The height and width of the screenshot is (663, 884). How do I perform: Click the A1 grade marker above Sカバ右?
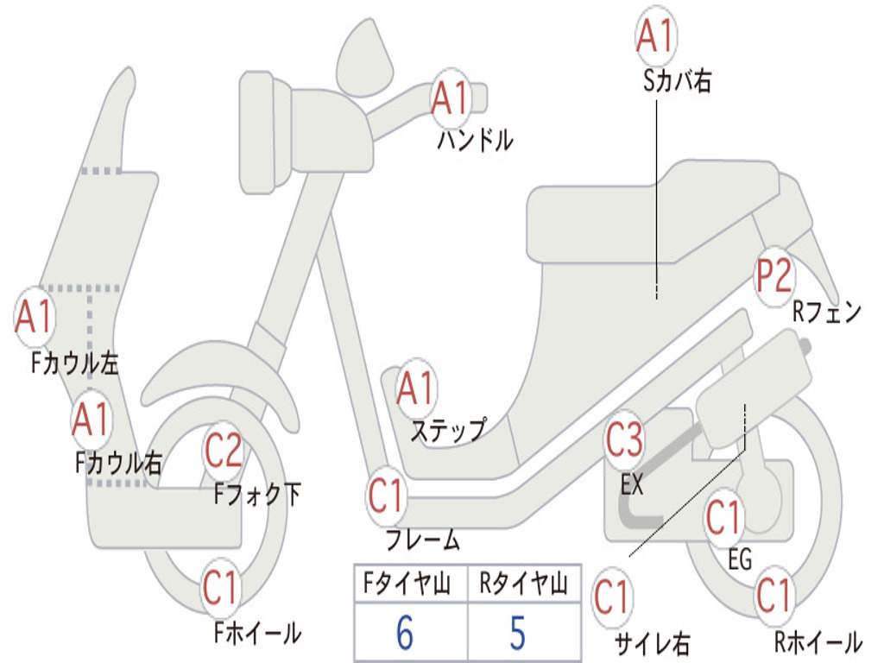(656, 35)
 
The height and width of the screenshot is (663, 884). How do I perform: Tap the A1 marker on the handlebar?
(451, 98)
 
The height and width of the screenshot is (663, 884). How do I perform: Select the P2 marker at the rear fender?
(774, 275)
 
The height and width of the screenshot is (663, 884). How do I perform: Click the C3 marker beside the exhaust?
(624, 439)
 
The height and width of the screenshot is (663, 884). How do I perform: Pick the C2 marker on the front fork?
(224, 450)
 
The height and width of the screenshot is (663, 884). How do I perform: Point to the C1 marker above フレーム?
(387, 496)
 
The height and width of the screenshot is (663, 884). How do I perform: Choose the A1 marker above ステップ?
(416, 388)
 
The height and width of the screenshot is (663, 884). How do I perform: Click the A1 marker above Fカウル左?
(35, 317)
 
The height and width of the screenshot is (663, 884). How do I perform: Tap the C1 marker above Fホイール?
(221, 587)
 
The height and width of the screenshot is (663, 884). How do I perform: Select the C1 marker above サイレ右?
(612, 597)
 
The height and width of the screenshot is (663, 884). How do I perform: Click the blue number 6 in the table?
(405, 633)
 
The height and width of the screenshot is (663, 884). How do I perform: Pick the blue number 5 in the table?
(518, 633)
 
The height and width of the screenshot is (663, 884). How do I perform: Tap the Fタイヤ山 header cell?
(411, 584)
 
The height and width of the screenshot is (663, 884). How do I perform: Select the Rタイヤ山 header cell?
(524, 584)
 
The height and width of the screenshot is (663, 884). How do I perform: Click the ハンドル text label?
(476, 140)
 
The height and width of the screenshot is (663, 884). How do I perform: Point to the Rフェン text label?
(827, 312)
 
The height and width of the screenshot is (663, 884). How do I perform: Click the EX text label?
(631, 485)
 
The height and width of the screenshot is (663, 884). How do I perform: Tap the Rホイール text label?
(818, 641)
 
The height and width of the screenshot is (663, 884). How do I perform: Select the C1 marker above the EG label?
(725, 518)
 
